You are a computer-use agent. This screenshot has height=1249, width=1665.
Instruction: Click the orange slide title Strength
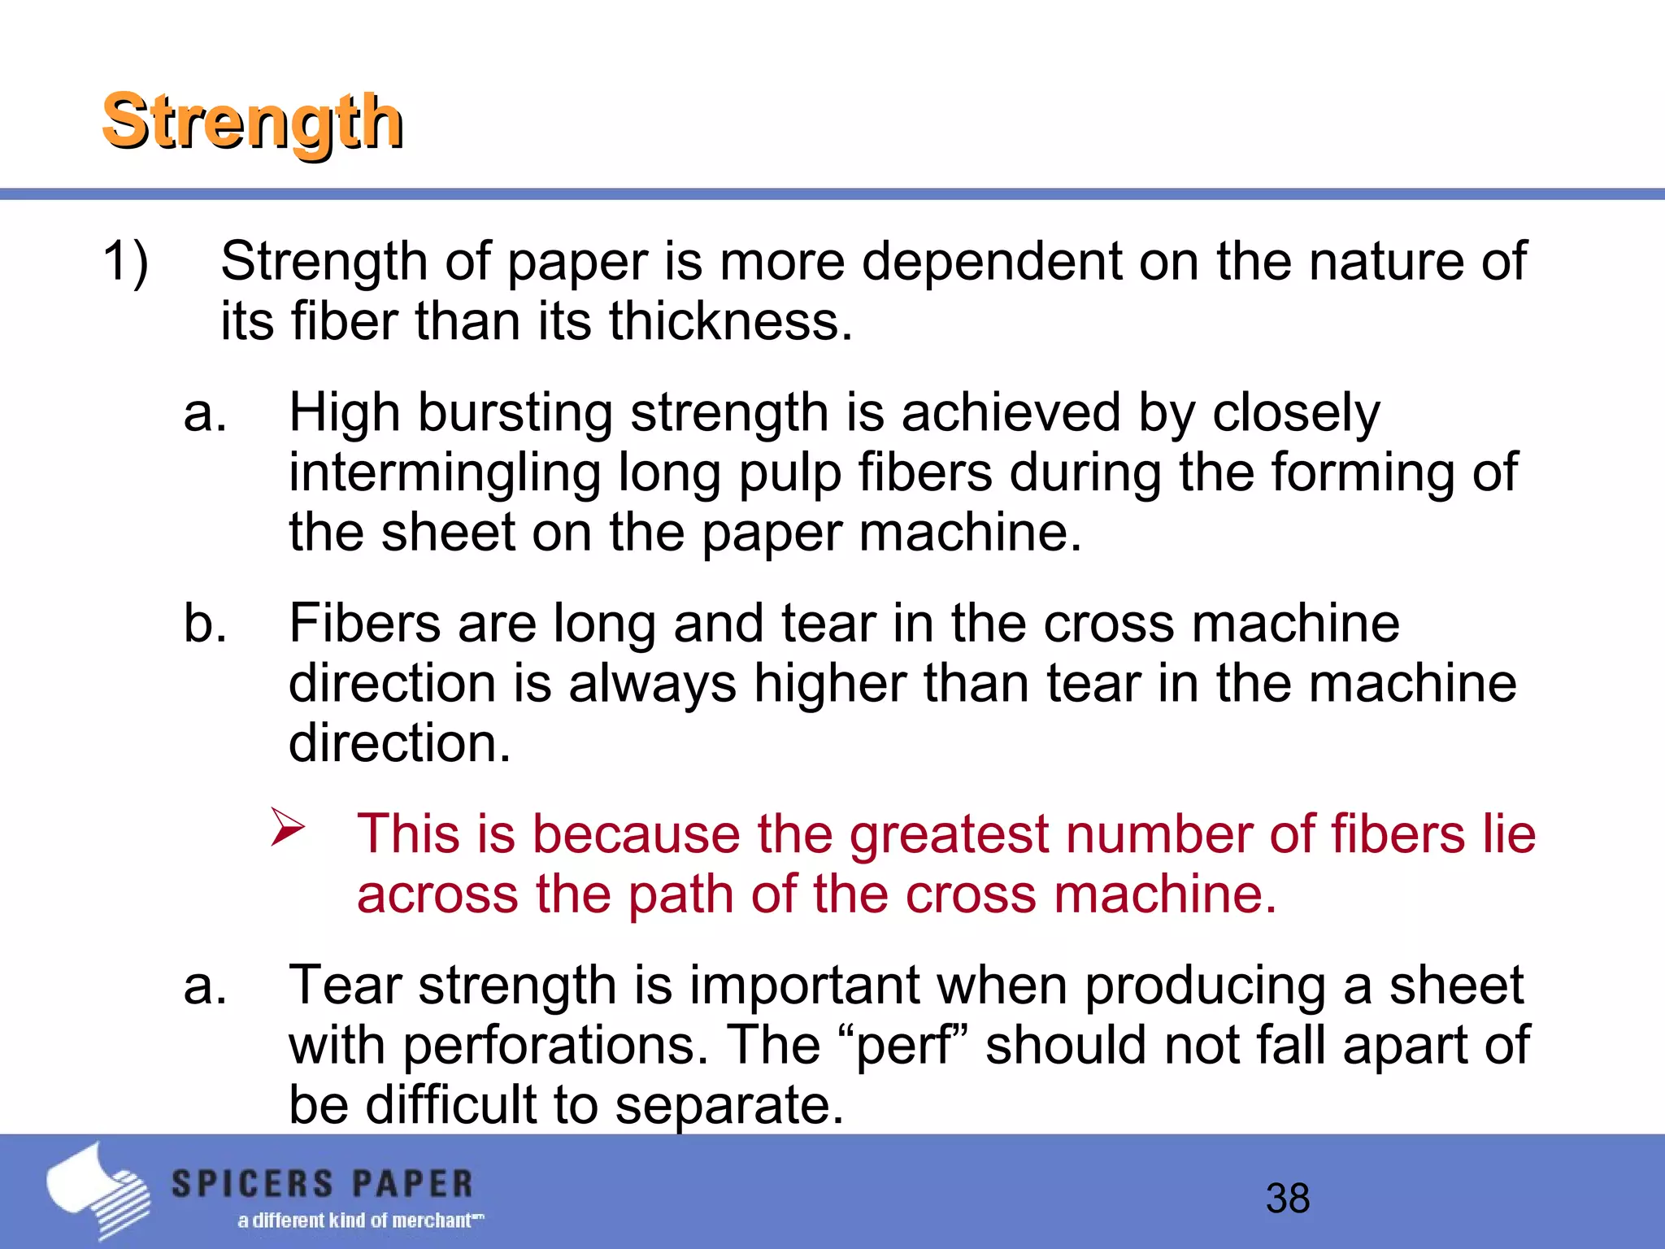(253, 123)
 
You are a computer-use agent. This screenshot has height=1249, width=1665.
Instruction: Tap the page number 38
(1288, 1199)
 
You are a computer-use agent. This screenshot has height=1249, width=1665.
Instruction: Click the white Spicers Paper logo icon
(98, 1191)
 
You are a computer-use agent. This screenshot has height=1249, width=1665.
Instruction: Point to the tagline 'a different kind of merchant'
(360, 1221)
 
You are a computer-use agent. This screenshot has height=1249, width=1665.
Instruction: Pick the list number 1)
(125, 262)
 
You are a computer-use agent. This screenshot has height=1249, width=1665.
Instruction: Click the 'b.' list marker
(205, 624)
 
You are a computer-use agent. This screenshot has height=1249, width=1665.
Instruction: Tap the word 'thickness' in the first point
(728, 321)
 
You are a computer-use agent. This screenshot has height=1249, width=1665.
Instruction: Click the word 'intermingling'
(444, 473)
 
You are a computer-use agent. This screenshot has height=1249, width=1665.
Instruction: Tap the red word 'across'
(437, 894)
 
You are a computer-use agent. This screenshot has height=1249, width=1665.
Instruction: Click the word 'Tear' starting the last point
(345, 985)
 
